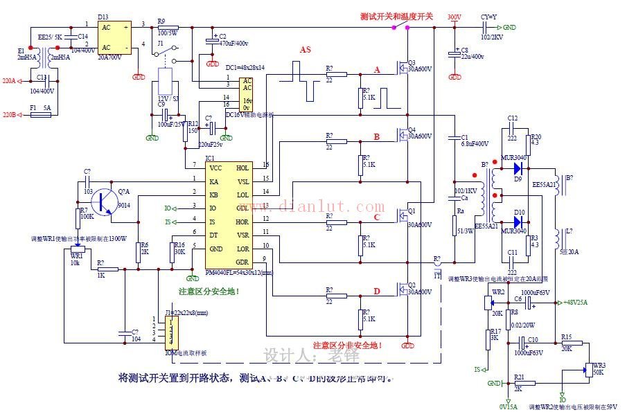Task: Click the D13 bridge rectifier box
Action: coord(114,37)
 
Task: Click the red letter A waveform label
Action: coord(377,71)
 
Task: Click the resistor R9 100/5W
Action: coord(167,28)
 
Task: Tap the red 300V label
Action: coord(454,17)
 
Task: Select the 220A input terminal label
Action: coord(9,81)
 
